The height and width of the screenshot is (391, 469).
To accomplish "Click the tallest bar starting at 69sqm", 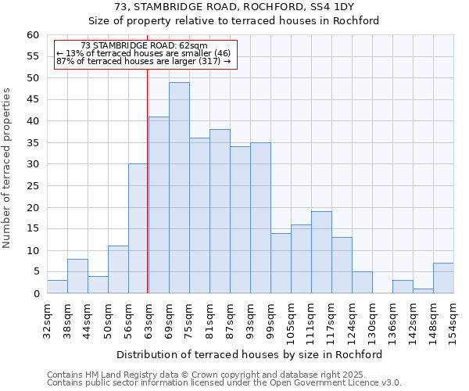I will point(179,188).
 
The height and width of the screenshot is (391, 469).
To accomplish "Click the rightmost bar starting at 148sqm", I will point(443,278).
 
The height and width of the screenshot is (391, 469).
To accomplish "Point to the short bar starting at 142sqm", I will point(423,291).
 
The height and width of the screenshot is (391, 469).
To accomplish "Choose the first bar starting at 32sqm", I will point(57,287).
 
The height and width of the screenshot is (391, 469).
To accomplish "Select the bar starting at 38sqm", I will point(77,276).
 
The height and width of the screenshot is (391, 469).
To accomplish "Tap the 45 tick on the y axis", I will point(33,99).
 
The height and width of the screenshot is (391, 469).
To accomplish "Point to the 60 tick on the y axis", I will point(33,35).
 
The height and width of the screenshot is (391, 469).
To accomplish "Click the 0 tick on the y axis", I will point(36,294).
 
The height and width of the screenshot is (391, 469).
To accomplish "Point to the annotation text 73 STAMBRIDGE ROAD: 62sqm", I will point(144,46).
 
